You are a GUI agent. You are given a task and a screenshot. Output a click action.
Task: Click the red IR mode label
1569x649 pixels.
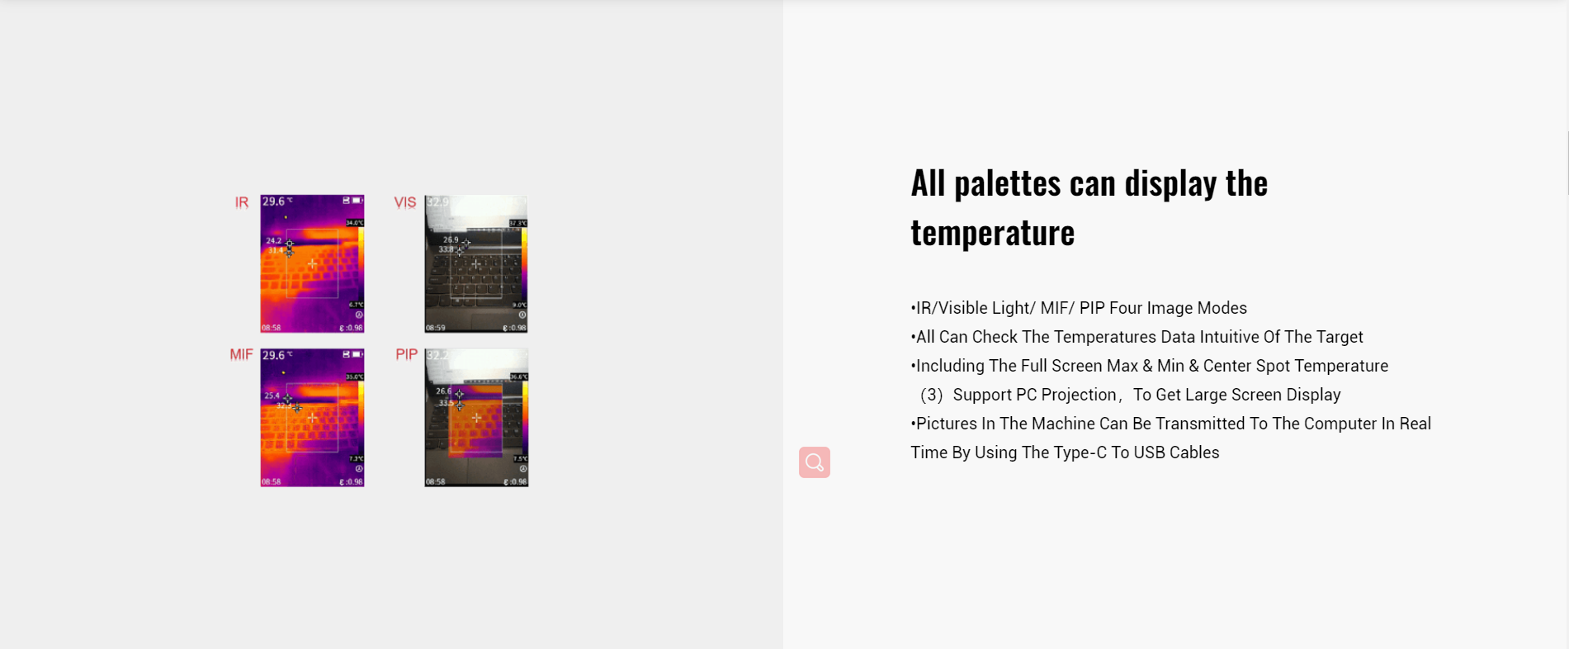[241, 202]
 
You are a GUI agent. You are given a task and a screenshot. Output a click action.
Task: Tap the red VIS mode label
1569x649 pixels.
[404, 202]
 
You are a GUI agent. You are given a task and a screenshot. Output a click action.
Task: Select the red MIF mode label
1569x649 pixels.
[241, 354]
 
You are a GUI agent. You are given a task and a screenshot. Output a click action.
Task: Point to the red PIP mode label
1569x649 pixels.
[406, 354]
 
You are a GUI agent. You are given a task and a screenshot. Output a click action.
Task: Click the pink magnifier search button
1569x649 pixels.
[814, 462]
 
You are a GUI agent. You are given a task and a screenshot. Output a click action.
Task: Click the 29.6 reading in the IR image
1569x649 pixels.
[274, 201]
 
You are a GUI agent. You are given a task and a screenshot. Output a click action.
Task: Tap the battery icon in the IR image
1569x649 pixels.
[357, 201]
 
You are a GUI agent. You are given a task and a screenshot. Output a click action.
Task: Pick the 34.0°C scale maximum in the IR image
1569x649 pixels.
[354, 223]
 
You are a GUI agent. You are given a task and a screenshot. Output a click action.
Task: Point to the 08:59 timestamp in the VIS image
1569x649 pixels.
[435, 328]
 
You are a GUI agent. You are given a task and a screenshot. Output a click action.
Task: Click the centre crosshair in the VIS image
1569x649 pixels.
[476, 264]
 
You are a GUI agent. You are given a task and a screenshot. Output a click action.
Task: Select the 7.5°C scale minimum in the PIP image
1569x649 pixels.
[520, 459]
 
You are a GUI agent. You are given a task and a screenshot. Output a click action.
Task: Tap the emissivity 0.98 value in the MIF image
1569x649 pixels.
[352, 481]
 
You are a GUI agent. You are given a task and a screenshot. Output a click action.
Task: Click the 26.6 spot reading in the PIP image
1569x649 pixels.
[444, 391]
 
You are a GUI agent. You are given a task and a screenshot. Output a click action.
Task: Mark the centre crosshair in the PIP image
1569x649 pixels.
[476, 418]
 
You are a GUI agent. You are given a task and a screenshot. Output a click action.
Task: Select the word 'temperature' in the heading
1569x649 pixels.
[992, 234]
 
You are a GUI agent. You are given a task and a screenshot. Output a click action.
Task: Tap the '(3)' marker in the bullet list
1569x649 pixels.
[931, 395]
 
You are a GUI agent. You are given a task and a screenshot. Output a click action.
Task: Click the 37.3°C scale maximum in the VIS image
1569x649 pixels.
[517, 223]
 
